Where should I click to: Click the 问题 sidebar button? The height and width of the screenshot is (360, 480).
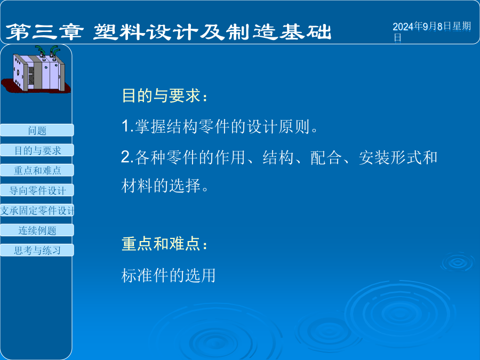click(37, 130)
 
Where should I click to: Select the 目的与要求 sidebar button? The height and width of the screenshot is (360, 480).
click(37, 150)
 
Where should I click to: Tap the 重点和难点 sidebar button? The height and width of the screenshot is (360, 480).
click(37, 170)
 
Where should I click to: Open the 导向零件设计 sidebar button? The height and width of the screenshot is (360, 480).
click(37, 190)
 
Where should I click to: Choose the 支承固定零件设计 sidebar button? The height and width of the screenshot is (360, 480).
click(37, 210)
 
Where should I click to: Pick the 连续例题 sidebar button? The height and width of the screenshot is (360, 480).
click(37, 230)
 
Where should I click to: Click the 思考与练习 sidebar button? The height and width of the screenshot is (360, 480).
click(37, 250)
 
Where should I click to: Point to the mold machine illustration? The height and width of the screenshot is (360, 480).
click(36, 69)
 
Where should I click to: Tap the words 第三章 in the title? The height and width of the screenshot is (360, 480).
click(44, 32)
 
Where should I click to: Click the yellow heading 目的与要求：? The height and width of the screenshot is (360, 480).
click(165, 95)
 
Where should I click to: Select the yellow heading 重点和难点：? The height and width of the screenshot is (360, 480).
click(165, 244)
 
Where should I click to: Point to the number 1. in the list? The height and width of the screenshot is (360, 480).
click(127, 126)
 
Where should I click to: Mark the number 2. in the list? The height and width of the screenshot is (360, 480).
click(127, 157)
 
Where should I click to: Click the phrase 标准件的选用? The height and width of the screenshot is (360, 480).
click(169, 275)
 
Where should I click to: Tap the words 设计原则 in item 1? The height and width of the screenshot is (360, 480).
click(278, 126)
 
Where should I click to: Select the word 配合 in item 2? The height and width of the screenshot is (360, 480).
click(326, 157)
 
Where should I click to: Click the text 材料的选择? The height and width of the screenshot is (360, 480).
click(161, 186)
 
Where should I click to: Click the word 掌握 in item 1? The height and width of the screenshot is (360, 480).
click(150, 126)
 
